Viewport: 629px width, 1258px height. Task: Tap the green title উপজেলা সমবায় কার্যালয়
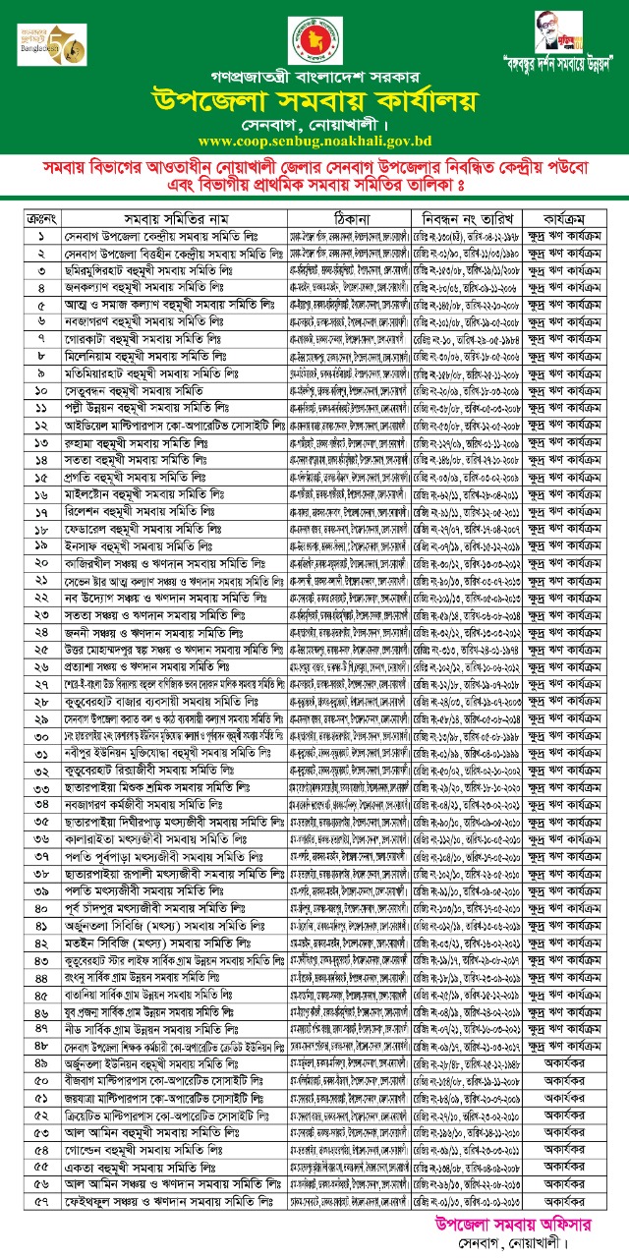314,101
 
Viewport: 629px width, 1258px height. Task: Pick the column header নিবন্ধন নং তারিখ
465,219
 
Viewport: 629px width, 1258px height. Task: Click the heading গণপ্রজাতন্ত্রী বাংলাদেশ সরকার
314,75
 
